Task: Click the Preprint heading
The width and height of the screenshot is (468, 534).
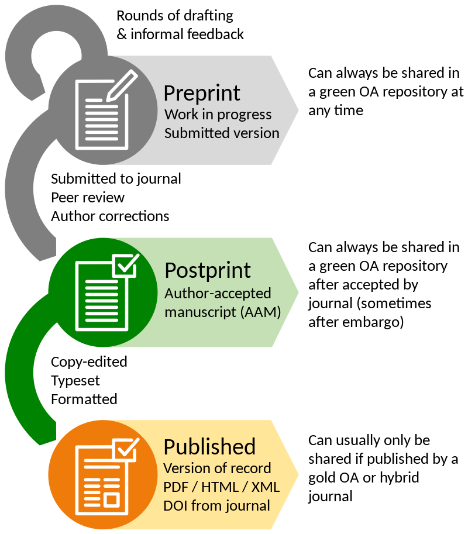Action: (202, 94)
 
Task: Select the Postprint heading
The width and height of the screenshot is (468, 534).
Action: (208, 271)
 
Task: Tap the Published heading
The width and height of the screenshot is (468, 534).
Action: (209, 447)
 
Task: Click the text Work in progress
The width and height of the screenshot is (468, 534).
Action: (218, 114)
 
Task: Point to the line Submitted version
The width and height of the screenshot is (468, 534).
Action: (222, 133)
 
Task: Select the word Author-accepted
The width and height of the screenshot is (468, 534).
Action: (218, 293)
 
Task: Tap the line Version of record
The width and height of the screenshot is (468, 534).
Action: (217, 468)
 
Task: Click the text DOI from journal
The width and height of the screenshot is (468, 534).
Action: (216, 505)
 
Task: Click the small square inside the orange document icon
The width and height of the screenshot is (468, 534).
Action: (111, 499)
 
